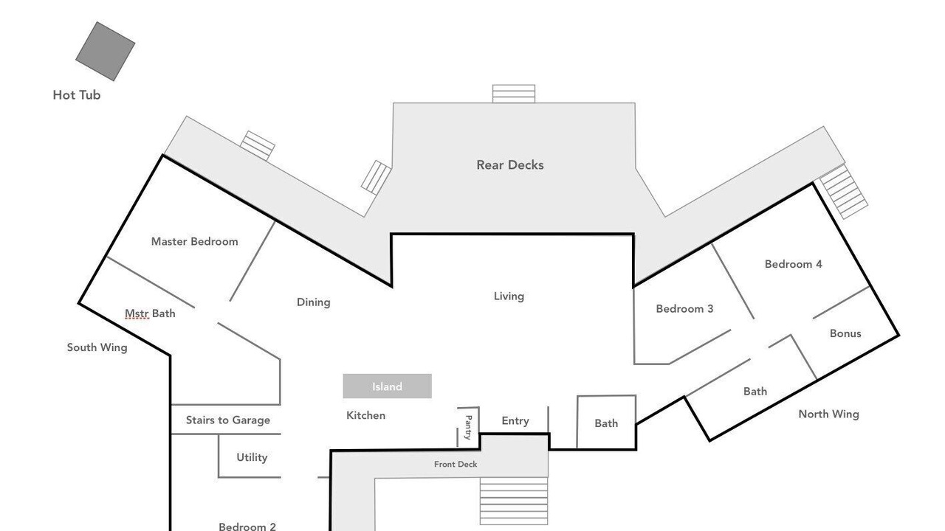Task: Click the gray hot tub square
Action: coord(105,51)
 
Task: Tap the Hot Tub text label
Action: coord(77,95)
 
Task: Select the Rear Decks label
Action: coord(510,164)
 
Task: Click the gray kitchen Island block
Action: coord(388,386)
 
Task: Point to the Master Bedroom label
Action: coord(194,241)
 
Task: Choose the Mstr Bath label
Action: coord(150,313)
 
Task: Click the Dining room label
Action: coord(314,302)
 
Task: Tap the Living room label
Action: coord(509,296)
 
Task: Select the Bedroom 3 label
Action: coord(684,309)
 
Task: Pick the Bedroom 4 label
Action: coord(794,264)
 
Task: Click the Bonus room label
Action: coord(845,333)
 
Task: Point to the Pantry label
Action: coord(468,427)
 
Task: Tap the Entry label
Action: coord(515,421)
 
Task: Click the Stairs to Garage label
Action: coord(228,420)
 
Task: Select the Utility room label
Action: coord(252,458)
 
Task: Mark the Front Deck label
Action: coord(456,465)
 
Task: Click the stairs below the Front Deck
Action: coord(514,501)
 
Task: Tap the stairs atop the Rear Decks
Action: coord(514,94)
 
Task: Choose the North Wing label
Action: coord(829,414)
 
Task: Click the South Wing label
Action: coord(97,347)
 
